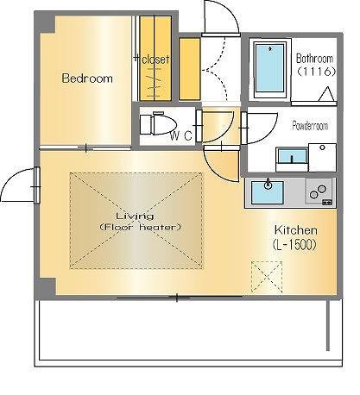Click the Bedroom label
(87, 78)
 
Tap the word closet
(155, 60)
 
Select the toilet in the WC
(158, 124)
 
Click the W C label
(180, 135)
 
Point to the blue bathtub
(270, 68)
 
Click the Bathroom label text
(315, 59)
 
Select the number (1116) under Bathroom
(316, 72)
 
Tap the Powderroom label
(310, 126)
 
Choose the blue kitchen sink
(268, 192)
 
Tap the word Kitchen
(296, 230)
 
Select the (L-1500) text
(294, 245)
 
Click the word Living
(135, 216)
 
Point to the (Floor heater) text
(141, 228)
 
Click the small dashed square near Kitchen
(267, 277)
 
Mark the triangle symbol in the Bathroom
(326, 94)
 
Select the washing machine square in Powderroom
(322, 158)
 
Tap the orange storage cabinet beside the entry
(189, 69)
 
